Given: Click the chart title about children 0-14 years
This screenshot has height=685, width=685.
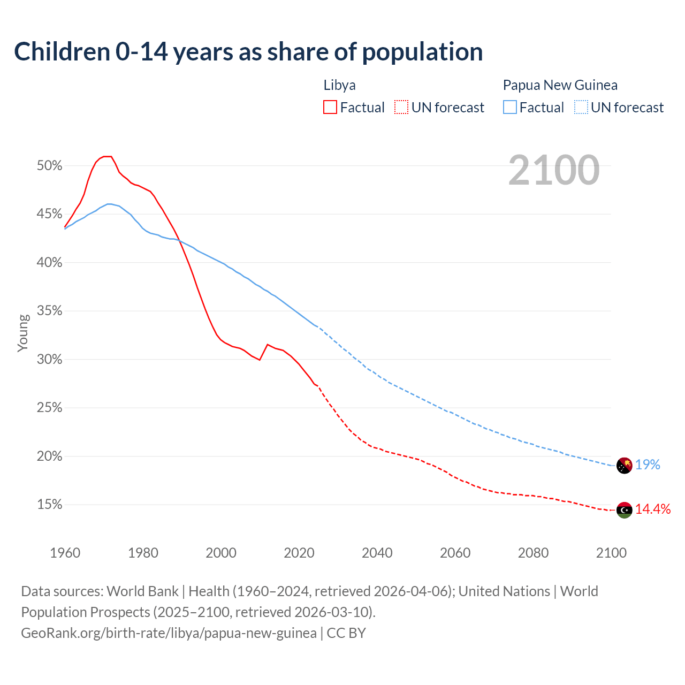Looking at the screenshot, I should [248, 52].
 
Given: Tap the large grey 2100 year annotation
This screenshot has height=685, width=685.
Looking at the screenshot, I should [554, 170].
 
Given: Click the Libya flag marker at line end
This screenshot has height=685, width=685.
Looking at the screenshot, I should [625, 510].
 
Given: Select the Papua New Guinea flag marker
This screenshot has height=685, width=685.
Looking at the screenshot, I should [625, 466].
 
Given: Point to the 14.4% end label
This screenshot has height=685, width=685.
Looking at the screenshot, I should [653, 509].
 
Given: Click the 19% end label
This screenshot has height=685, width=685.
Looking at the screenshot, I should [648, 465].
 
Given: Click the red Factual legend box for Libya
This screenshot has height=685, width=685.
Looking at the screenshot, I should [330, 108].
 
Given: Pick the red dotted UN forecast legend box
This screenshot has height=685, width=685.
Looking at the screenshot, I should [401, 108].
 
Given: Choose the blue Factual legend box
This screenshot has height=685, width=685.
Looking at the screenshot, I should [510, 108].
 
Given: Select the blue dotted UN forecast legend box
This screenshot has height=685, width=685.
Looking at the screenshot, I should [581, 108].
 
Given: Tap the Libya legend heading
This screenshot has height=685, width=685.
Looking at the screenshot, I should [339, 85].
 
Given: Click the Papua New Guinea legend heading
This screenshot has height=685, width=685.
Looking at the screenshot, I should [560, 85].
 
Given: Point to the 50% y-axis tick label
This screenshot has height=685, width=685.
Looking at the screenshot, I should [50, 166].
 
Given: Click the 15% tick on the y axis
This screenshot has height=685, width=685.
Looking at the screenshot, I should [50, 505].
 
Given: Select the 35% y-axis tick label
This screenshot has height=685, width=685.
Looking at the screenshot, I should [50, 311].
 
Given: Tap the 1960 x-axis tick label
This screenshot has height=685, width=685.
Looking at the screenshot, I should [65, 553].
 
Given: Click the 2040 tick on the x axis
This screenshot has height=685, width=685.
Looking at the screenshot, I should [377, 553].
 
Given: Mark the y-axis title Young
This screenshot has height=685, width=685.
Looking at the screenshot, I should [22, 333].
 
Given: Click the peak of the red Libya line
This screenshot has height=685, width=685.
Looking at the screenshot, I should [107, 156].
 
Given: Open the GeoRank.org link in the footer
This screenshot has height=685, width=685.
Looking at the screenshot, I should [169, 633].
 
